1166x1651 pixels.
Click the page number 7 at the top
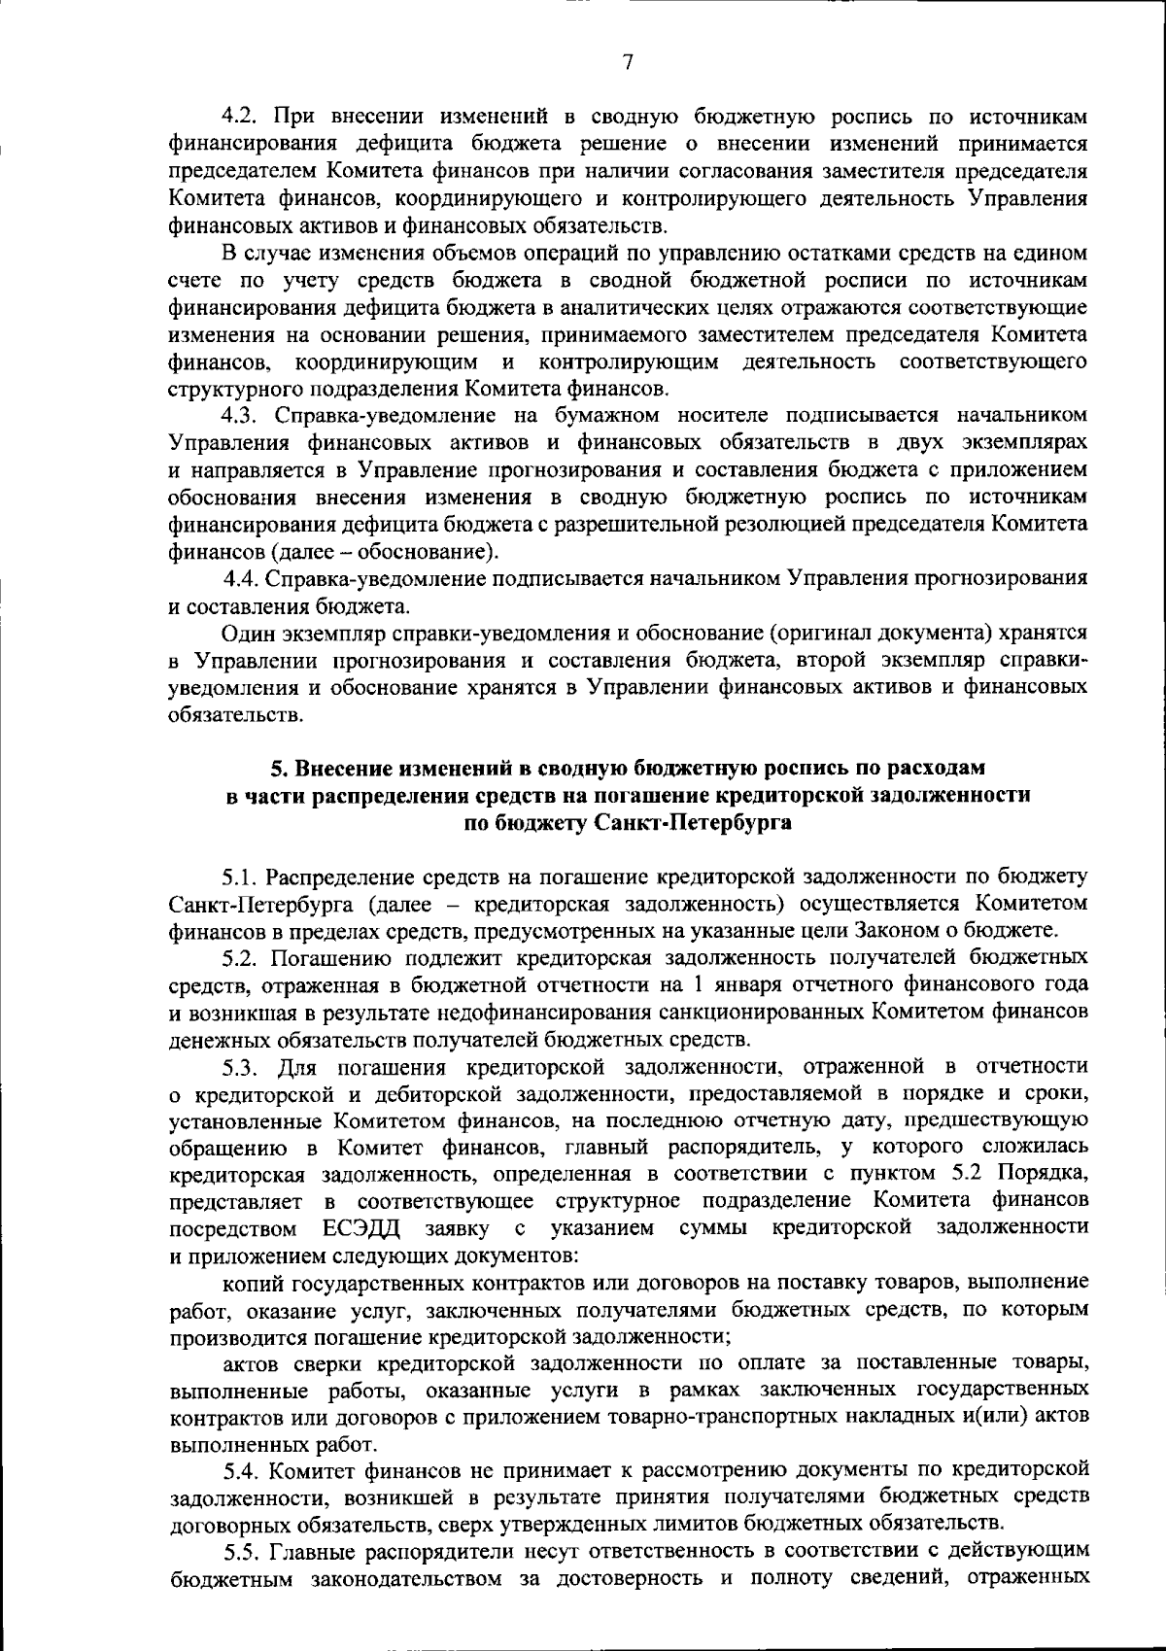[628, 63]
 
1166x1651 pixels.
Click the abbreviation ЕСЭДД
[360, 1226]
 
